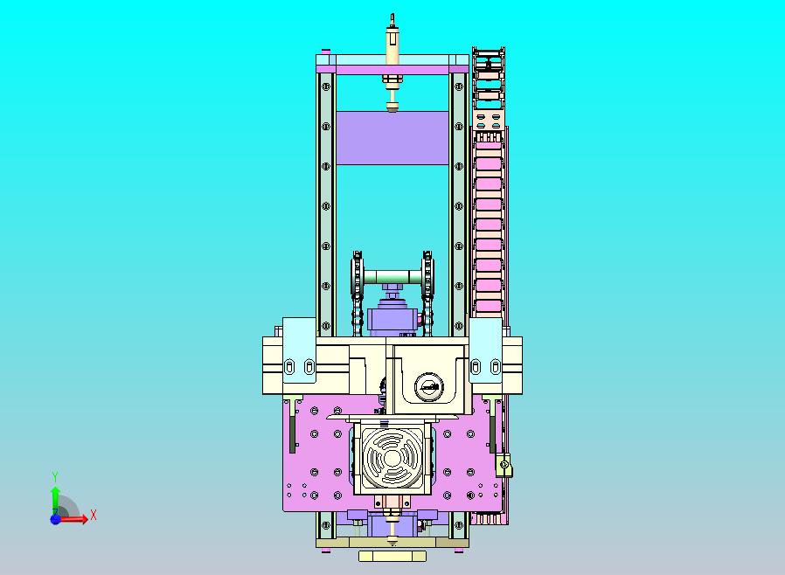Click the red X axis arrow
point(73,519)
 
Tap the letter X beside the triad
point(94,515)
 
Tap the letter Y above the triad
point(55,476)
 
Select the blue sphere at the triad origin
point(56,519)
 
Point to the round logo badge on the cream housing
point(429,387)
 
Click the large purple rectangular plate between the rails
point(392,137)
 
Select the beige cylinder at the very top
point(392,46)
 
